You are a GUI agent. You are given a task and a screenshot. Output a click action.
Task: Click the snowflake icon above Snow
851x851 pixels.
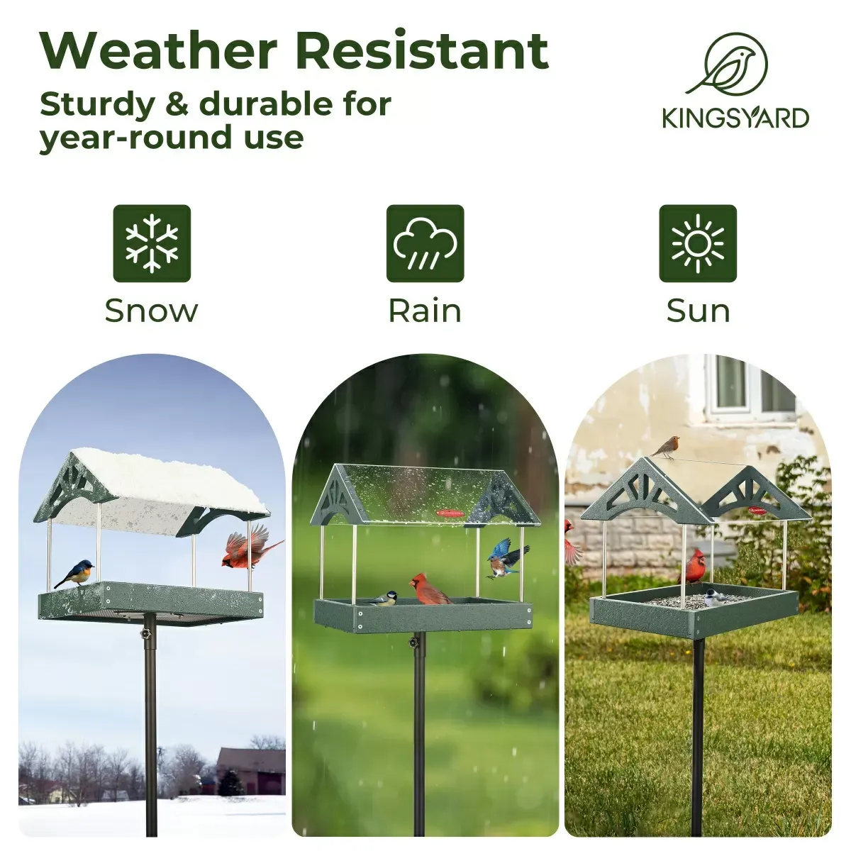tap(152, 243)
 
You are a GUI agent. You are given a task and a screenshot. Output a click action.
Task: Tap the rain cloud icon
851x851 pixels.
tap(425, 243)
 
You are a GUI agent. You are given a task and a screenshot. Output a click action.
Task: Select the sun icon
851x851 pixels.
tap(698, 243)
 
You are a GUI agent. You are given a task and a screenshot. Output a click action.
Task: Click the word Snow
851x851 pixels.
tap(151, 311)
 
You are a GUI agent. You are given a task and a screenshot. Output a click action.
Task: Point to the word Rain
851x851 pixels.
tap(424, 311)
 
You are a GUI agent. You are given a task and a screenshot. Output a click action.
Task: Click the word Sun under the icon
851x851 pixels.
tap(698, 311)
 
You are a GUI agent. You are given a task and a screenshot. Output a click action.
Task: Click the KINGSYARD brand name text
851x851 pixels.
tap(735, 118)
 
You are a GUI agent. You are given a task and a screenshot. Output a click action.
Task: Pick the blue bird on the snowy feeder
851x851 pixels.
tap(75, 572)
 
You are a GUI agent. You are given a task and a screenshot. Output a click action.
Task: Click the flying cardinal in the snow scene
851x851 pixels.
tap(248, 550)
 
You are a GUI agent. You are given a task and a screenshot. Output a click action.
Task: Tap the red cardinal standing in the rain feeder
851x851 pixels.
tap(430, 590)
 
